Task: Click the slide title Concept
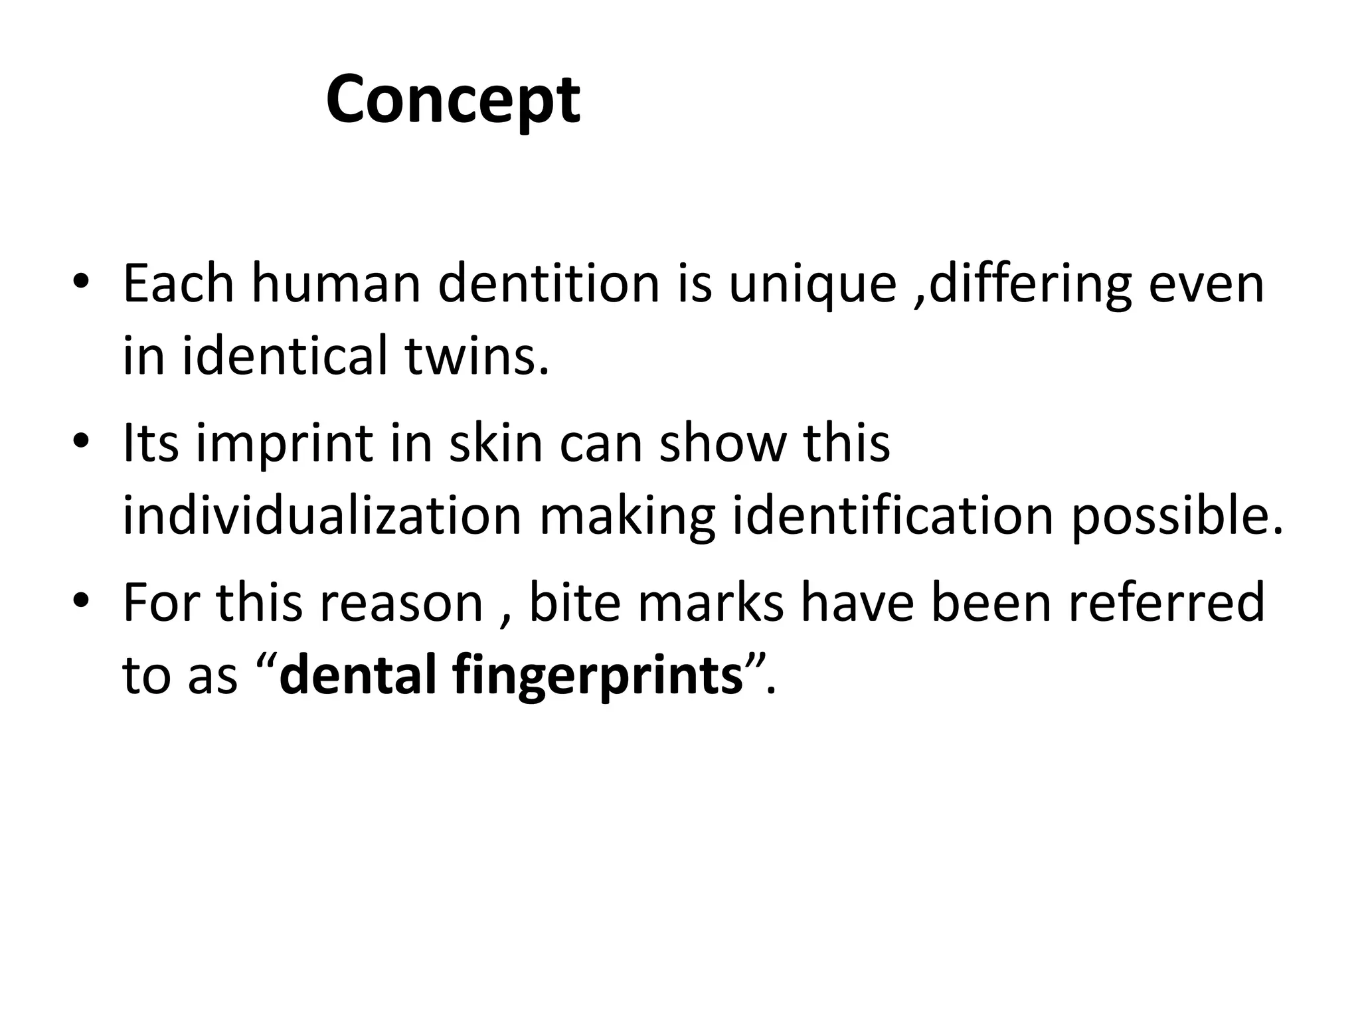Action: [x=453, y=100]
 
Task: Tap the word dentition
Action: [x=549, y=284]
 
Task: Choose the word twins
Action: [x=477, y=355]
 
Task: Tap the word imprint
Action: [x=284, y=444]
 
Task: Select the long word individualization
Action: [x=322, y=515]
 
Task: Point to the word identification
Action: [x=893, y=515]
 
